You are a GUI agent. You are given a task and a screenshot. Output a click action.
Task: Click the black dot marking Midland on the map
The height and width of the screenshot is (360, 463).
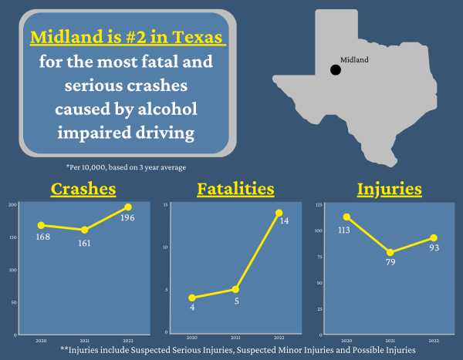tap(336, 70)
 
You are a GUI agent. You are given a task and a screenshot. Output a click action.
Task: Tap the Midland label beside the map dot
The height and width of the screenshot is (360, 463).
tap(354, 59)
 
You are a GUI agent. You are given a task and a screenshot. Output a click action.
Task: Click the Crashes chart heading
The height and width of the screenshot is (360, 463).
tap(83, 189)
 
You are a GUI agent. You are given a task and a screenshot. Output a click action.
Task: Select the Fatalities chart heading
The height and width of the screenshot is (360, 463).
tap(235, 189)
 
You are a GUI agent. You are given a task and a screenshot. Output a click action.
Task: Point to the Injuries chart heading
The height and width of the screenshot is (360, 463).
tap(389, 189)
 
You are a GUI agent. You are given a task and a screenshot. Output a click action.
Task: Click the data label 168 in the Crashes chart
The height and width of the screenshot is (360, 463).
tap(43, 237)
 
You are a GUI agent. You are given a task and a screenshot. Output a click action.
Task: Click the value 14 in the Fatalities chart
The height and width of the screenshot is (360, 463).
tap(284, 221)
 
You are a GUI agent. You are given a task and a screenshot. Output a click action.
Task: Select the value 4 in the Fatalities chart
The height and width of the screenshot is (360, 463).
tap(192, 308)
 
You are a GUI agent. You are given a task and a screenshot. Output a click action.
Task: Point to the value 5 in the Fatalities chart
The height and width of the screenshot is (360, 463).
tap(235, 301)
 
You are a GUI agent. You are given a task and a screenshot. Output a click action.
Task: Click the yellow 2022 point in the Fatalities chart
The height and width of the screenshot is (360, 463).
tap(279, 213)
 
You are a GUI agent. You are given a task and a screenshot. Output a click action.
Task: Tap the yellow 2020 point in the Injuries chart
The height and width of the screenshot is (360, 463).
tap(347, 217)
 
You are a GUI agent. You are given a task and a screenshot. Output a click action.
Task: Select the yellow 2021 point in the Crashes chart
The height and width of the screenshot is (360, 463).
tap(84, 230)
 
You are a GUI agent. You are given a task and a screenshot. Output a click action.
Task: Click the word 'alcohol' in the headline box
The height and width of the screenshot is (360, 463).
tap(161, 106)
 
